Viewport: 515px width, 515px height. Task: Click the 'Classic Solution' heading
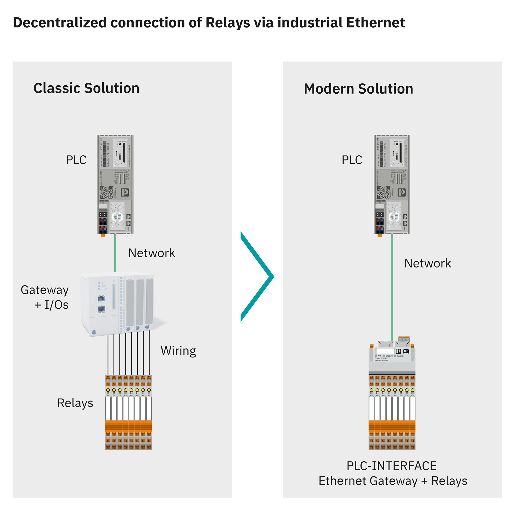86,88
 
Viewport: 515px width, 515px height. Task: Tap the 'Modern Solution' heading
358,89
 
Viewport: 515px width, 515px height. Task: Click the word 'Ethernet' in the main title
376,23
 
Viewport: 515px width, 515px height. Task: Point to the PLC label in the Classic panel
76,160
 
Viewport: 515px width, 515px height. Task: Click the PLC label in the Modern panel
352,160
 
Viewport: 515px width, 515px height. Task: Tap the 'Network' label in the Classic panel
152,253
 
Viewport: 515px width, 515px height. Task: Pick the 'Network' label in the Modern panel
428,263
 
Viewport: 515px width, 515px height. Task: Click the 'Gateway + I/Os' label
45,297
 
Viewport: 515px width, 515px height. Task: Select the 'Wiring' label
178,351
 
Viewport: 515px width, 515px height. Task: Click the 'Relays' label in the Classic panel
75,403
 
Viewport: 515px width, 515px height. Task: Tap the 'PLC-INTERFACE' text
391,466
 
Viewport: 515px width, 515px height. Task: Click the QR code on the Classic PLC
106,192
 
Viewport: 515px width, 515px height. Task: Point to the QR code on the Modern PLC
383,192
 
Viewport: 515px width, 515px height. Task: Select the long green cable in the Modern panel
392,287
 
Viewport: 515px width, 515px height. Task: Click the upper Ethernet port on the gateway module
101,298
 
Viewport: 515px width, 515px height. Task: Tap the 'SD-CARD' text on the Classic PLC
121,141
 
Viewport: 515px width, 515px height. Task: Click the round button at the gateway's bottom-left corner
94,332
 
